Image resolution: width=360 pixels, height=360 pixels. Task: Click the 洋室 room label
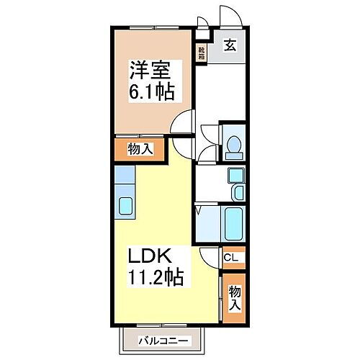tap(150, 70)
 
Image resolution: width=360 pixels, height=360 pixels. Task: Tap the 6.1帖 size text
tap(153, 92)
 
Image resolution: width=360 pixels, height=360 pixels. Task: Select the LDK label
tap(149, 256)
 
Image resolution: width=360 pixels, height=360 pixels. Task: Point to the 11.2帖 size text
tap(156, 276)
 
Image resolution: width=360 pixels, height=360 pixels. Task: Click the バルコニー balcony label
tap(163, 341)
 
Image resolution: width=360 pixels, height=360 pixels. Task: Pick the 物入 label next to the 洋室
tap(140, 148)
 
